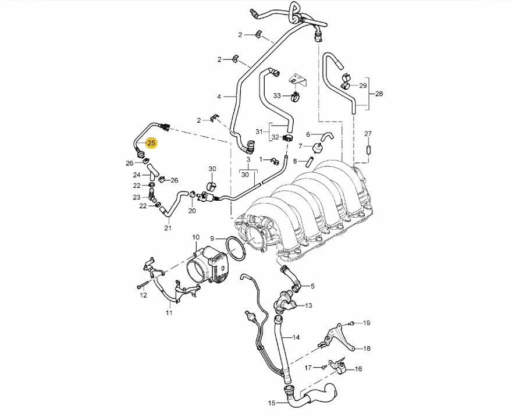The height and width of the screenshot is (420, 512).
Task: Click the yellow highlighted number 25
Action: [x=151, y=143]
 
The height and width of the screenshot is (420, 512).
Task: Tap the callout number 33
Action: [x=277, y=95]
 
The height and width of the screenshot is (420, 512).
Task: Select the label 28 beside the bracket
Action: [x=379, y=94]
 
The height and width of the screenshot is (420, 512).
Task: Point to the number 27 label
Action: [x=368, y=134]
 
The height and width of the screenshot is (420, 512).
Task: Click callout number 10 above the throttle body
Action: [x=195, y=237]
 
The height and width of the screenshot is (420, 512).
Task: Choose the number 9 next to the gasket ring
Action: [x=212, y=238]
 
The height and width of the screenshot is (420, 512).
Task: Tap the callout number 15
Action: [x=272, y=403]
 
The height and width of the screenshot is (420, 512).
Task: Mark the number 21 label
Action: [x=168, y=227]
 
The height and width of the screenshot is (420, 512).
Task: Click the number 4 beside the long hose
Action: [x=219, y=96]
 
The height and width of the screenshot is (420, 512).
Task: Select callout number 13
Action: [x=308, y=305]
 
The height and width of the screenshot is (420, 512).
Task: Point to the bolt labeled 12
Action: [x=140, y=286]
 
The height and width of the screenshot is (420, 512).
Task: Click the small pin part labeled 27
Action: [x=368, y=150]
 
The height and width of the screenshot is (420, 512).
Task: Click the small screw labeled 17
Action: [x=322, y=368]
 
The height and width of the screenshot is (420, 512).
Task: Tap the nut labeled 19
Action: [x=353, y=323]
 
